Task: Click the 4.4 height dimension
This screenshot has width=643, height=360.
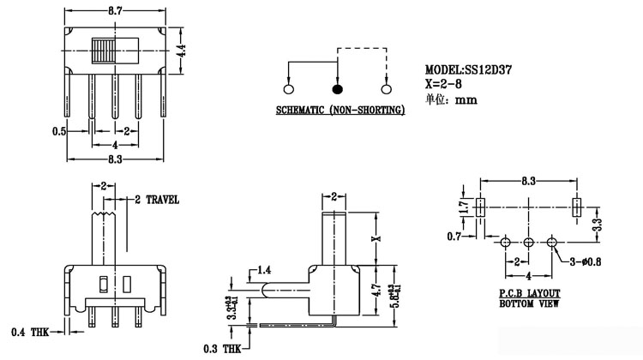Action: click(182, 51)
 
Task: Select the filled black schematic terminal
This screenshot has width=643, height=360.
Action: click(337, 88)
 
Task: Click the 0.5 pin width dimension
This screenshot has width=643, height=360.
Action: click(59, 131)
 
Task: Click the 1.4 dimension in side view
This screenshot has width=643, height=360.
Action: click(264, 270)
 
